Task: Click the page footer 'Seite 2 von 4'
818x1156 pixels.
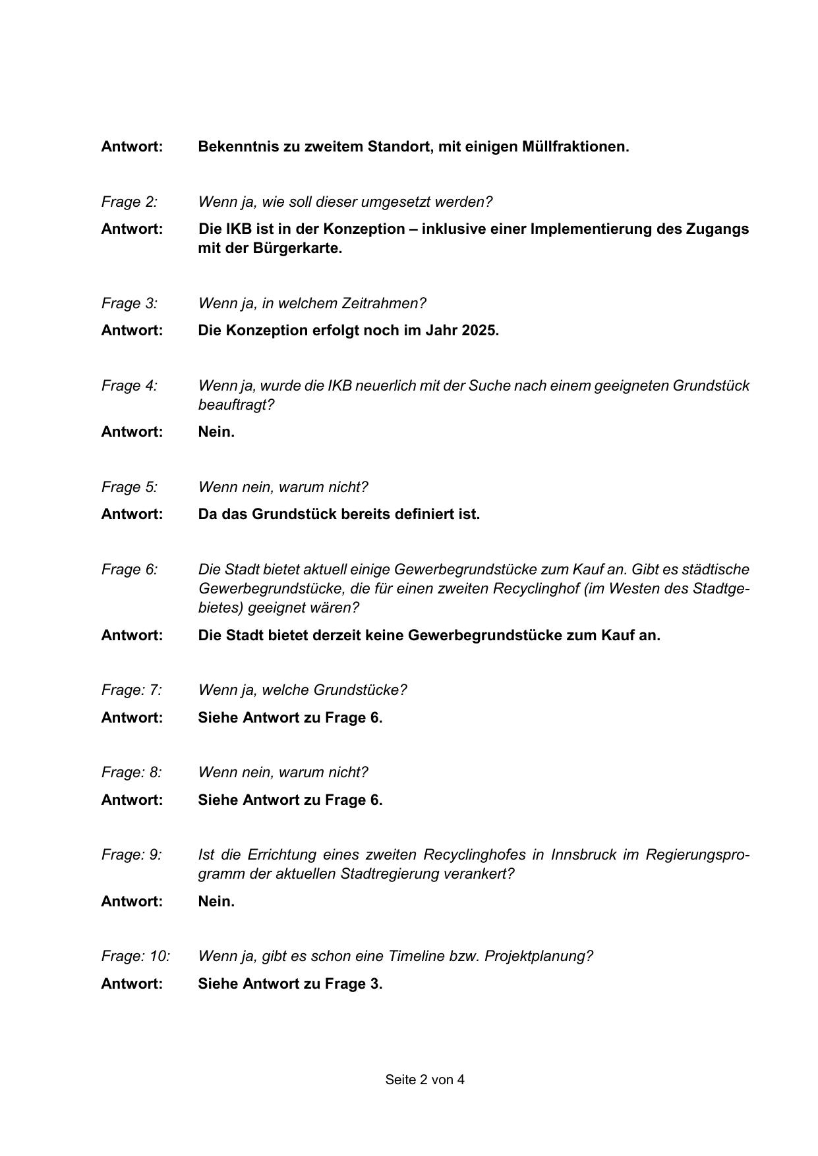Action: [x=424, y=1080]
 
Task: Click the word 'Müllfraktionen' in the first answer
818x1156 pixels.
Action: [x=574, y=146]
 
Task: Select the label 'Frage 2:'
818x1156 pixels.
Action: [x=129, y=202]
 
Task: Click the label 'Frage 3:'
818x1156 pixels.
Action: [x=129, y=303]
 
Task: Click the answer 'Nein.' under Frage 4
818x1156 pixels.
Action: [x=216, y=431]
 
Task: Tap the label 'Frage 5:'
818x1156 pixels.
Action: [x=129, y=487]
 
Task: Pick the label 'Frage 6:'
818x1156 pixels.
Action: [x=129, y=569]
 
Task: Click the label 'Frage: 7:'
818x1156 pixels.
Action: [x=131, y=690]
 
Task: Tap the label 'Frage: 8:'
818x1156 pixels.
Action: [x=131, y=772]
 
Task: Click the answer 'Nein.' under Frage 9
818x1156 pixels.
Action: [x=216, y=901]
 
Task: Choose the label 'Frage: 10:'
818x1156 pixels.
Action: [x=135, y=956]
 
